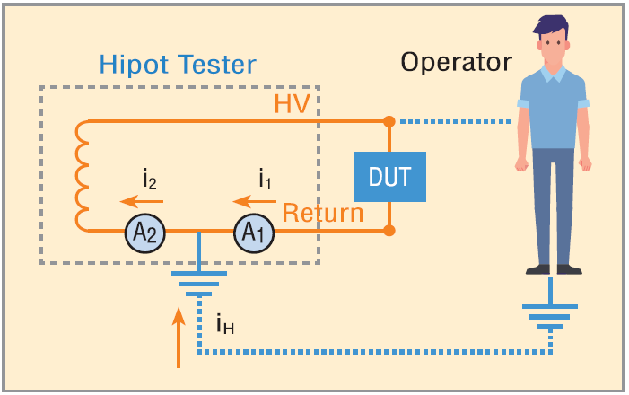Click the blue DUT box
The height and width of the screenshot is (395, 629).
[x=390, y=177]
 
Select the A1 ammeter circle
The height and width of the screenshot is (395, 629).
[x=254, y=233]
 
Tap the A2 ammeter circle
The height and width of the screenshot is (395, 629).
[x=144, y=233]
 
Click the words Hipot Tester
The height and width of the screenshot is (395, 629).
[x=178, y=65]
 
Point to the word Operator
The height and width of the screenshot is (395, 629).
[x=457, y=63]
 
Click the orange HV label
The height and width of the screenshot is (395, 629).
[x=292, y=104]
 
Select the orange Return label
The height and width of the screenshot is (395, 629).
[x=323, y=213]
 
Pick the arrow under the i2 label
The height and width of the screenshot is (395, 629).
[x=142, y=201]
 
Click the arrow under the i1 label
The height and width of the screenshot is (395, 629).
[x=254, y=201]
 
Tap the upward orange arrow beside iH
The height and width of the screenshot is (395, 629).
[x=179, y=338]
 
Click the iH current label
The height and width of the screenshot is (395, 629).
[x=225, y=324]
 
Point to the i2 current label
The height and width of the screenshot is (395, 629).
[x=150, y=179]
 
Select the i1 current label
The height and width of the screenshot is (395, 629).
[x=265, y=179]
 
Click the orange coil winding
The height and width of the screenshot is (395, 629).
[x=77, y=175]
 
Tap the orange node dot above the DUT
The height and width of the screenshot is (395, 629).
[x=389, y=121]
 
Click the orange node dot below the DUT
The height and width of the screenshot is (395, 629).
[x=389, y=231]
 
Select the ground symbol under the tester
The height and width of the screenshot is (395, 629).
[x=199, y=274]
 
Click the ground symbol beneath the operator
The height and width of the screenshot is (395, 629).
[x=550, y=307]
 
